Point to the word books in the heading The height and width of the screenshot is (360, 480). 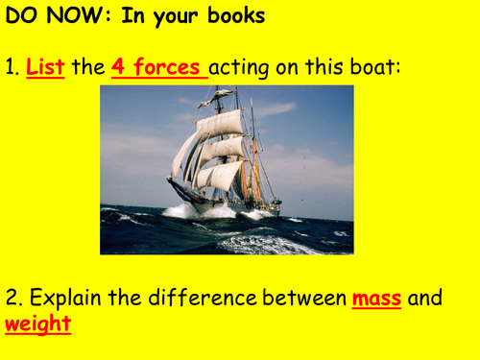click(x=235, y=17)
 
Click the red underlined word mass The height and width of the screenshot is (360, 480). click(x=375, y=298)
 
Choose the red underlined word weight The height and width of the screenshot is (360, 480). click(x=38, y=324)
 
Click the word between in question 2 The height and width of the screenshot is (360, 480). click(x=296, y=298)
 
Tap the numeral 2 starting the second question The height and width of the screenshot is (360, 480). click(x=11, y=298)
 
